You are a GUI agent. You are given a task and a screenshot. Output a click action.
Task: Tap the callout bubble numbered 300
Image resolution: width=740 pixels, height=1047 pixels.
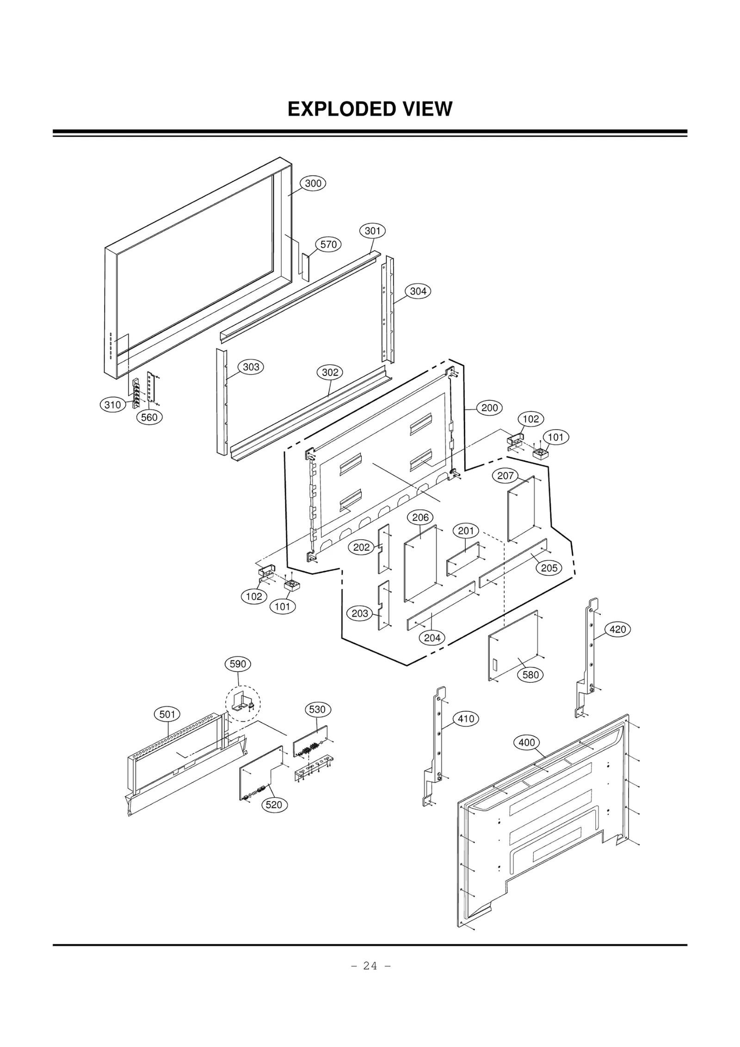coord(313,183)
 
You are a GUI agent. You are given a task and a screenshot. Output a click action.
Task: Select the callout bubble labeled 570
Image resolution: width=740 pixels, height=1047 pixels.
coord(328,244)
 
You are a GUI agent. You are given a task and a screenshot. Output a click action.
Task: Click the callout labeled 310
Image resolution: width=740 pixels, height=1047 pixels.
coord(113,405)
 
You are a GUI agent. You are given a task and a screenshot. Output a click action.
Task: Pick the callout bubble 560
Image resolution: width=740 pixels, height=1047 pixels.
coord(149,417)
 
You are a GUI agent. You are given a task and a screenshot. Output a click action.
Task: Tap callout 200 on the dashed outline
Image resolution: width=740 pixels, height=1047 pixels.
coord(489,407)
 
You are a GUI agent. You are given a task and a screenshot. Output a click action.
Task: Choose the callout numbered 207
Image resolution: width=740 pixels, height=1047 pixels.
coord(506,475)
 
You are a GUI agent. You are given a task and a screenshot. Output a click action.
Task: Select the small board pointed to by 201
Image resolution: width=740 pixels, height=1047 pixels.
coord(463,559)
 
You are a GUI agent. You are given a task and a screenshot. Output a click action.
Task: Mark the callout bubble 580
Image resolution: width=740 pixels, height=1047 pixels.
coord(530,675)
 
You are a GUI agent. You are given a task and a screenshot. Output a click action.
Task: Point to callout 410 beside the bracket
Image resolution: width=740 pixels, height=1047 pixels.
coord(466,719)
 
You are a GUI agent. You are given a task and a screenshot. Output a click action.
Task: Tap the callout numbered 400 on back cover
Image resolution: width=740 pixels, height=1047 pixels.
coord(526,742)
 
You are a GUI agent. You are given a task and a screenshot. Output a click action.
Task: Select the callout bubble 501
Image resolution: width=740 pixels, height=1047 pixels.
coord(167,714)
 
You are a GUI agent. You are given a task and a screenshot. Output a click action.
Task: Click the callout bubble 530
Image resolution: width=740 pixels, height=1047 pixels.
coord(317,709)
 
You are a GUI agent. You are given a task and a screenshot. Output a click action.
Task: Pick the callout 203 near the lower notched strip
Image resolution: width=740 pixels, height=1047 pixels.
coord(360,614)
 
